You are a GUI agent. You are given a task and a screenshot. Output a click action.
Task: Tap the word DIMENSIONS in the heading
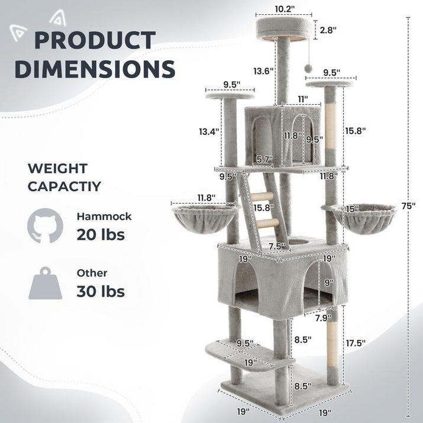pos(95,69)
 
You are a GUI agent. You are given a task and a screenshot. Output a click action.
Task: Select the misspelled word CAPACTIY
pos(64,187)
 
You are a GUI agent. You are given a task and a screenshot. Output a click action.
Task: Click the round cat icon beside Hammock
pos(45,225)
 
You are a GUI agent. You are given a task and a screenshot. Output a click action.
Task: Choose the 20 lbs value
pos(101,234)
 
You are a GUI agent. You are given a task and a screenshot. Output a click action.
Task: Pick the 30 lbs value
pos(101,291)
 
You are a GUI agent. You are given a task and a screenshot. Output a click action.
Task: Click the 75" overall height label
pos(408,205)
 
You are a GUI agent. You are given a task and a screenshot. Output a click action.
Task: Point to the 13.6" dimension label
pos(263,71)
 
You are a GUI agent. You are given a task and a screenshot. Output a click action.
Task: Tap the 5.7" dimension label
pos(264,159)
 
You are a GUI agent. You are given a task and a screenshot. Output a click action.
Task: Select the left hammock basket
pos(197,217)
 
